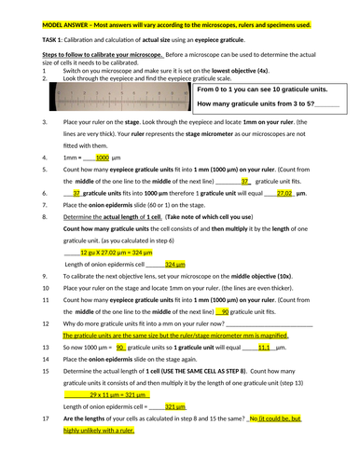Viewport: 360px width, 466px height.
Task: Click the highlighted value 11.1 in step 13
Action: click(x=263, y=346)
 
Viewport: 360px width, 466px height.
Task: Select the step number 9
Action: click(x=45, y=276)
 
